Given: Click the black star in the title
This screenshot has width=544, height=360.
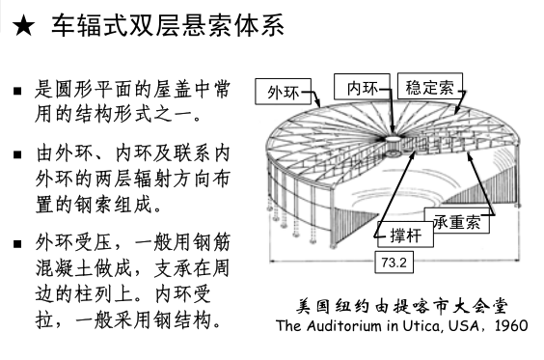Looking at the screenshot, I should (x=23, y=27).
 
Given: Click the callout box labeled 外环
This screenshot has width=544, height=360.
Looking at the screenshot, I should (x=283, y=93).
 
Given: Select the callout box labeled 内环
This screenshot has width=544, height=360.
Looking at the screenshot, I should (x=362, y=87).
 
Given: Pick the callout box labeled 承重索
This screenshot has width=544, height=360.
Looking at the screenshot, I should (x=456, y=222).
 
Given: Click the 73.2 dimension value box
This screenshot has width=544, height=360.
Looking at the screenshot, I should (x=393, y=262).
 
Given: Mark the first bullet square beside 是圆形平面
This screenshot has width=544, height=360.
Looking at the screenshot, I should (x=17, y=93).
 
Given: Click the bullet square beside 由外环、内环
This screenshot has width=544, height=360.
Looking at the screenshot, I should (x=17, y=153).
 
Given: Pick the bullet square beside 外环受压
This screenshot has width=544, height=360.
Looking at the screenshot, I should (x=17, y=240).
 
